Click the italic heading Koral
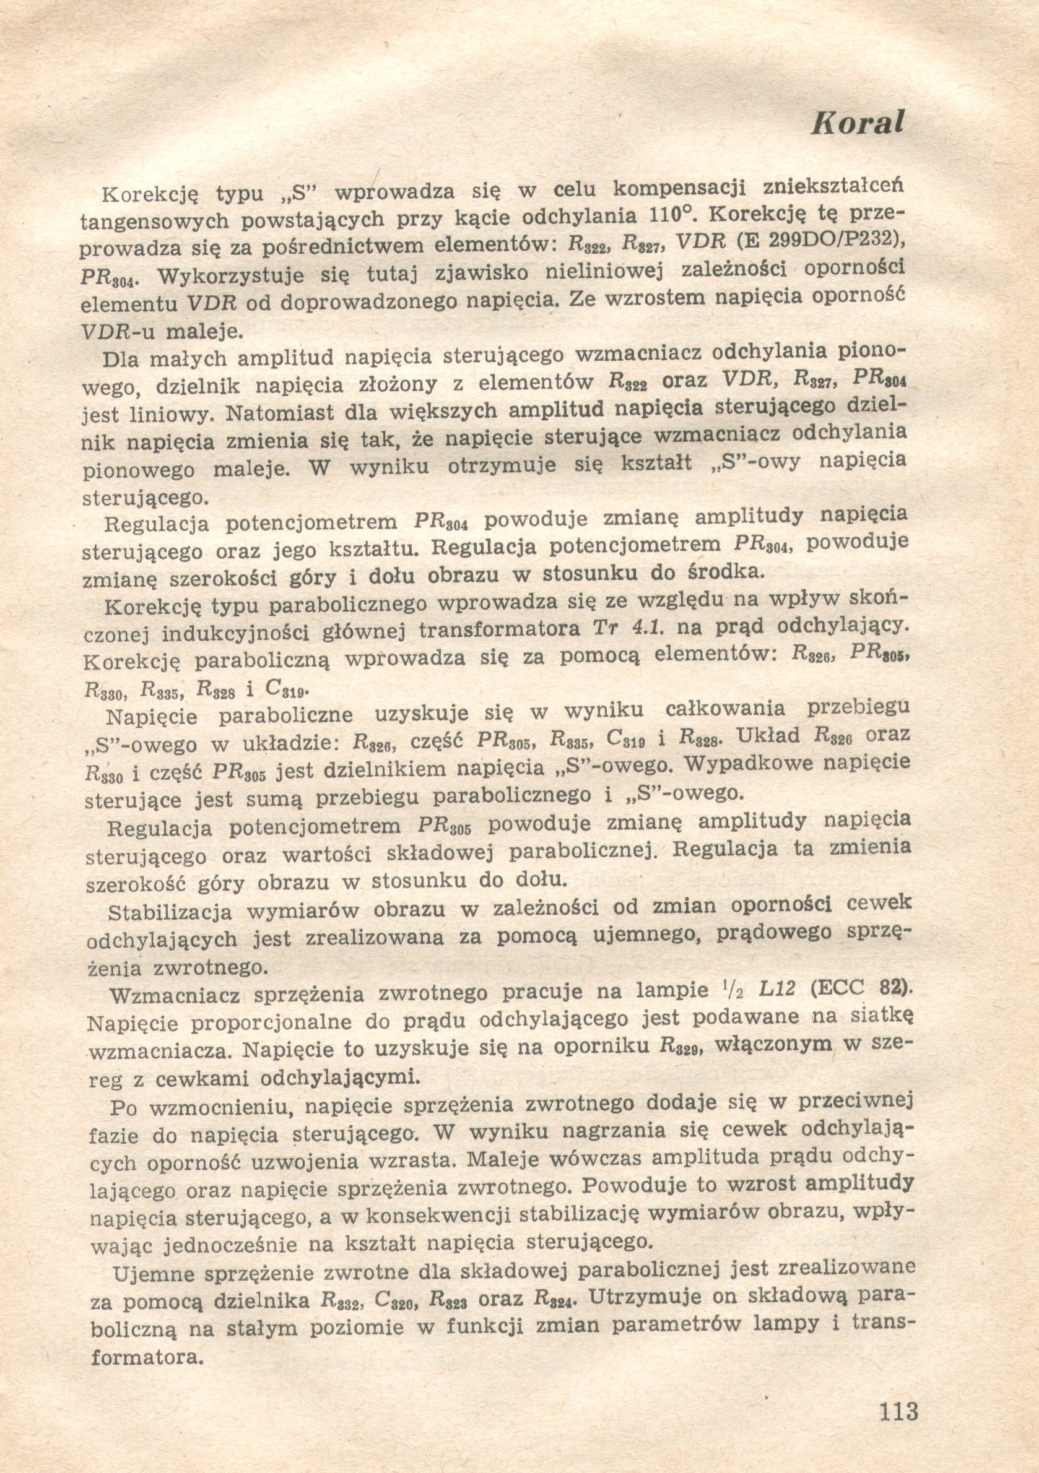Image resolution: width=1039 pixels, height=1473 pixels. point(858,122)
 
